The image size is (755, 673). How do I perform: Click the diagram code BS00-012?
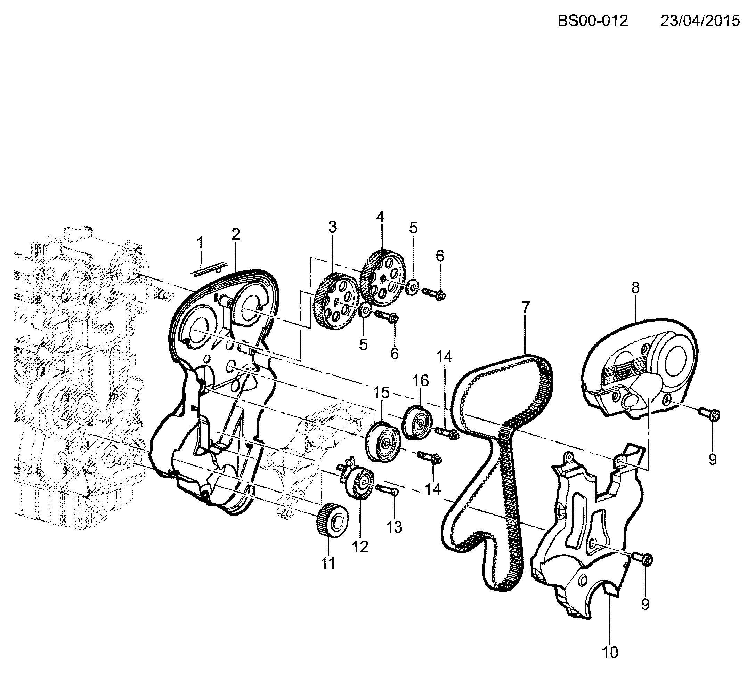coord(593,21)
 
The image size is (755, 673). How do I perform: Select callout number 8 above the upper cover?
coord(635,288)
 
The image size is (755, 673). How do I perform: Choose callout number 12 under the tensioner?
coord(360,546)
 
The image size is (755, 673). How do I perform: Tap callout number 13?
coord(394,527)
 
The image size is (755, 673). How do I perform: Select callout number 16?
coord(420,381)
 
